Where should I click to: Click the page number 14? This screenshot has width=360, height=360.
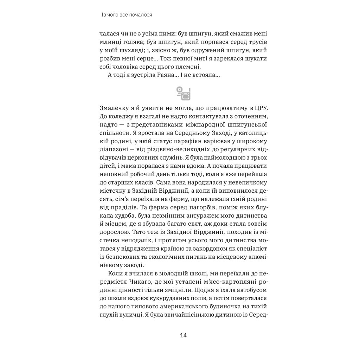(x=183, y=335)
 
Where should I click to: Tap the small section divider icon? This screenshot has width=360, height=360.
(x=183, y=93)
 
